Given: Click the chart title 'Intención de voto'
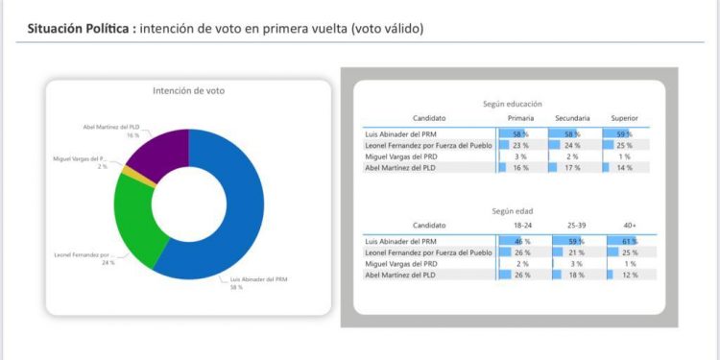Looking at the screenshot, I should pyautogui.click(x=189, y=91).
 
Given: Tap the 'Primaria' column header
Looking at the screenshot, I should pyautogui.click(x=520, y=117).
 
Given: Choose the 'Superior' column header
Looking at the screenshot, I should pyautogui.click(x=625, y=117).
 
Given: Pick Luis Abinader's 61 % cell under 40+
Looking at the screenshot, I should pyautogui.click(x=626, y=240).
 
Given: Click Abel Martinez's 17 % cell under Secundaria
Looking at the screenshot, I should pyautogui.click(x=572, y=166).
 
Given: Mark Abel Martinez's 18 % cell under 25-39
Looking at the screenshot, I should pyautogui.click(x=574, y=274).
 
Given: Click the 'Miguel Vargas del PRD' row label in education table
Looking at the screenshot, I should pyautogui.click(x=402, y=156).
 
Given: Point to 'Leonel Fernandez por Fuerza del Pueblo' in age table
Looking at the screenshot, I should pyautogui.click(x=428, y=252).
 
